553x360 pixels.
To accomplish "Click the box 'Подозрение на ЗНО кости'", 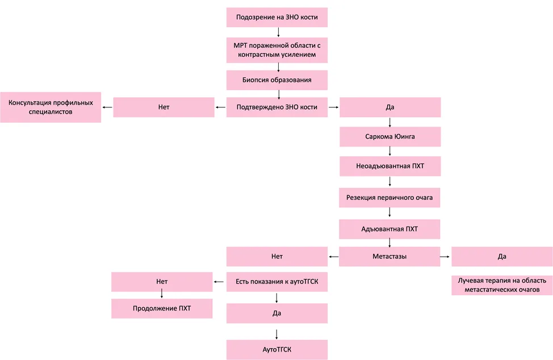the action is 277,17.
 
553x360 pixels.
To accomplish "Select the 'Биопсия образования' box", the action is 277,80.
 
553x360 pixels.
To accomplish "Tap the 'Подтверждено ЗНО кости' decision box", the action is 277,107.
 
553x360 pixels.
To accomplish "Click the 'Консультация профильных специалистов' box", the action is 51,107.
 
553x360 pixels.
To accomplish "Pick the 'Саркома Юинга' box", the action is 390,136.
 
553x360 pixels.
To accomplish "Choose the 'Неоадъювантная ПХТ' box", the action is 390,166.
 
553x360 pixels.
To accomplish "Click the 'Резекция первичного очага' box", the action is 389,198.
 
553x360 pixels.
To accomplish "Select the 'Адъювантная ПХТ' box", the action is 389,229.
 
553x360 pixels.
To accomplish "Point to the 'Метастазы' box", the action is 389,256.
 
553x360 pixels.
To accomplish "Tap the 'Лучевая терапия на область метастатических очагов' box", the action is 502,285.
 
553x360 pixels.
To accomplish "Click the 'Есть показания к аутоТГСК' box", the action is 277,282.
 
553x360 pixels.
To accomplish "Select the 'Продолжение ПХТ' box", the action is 162,308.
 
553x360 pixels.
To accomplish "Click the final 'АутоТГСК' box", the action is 277,350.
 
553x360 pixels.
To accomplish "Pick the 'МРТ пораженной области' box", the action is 277,50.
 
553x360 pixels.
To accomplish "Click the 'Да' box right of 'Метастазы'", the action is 502,256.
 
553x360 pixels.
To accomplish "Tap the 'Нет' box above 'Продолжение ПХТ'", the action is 162,282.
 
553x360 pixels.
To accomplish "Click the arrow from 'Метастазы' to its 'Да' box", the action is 445,257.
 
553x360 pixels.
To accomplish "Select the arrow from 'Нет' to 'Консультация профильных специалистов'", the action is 107,107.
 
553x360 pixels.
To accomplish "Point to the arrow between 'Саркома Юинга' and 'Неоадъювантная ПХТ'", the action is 389,151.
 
